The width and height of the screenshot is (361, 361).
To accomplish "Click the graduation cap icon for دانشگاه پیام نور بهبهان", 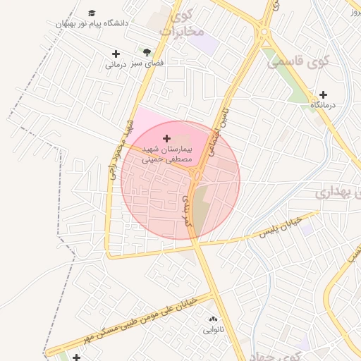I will pos(92,13).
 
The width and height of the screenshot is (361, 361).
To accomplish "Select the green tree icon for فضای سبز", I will pos(147,52).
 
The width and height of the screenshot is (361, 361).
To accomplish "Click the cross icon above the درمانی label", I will pos(116,54).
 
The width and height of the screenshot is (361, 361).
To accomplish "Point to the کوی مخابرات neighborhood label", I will pos(182,23).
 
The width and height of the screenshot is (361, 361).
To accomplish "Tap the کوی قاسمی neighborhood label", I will pos(298,61).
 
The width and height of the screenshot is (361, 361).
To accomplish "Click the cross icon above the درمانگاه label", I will pos(323,94).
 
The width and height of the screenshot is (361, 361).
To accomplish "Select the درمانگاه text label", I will pos(324,105).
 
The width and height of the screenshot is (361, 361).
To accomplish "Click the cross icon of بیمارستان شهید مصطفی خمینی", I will pos(166,138).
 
